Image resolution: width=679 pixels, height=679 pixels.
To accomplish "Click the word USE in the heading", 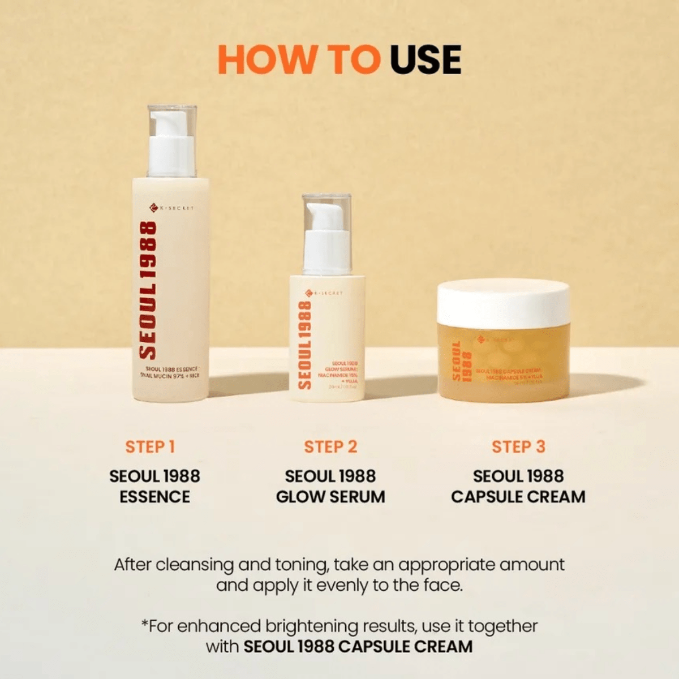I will point(426,59).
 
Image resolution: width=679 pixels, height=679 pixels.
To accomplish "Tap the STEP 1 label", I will point(151,446).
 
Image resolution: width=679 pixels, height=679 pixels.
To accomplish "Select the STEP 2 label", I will point(330,446).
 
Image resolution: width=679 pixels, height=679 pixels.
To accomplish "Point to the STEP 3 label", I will point(518,446).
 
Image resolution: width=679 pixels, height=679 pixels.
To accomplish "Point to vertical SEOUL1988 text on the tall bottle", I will point(148,290).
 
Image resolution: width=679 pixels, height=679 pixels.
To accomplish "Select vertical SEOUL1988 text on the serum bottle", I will point(305,345).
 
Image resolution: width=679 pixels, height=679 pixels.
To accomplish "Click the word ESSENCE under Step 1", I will point(154,497).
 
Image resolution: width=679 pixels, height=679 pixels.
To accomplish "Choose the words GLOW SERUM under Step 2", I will point(330,497).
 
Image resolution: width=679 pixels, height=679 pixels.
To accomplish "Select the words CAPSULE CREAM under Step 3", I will point(518,497).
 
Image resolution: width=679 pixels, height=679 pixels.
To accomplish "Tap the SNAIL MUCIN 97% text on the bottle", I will point(161,375).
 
